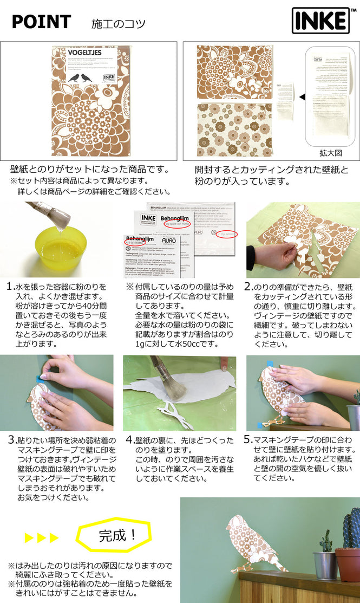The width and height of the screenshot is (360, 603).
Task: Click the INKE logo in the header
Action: (x=320, y=21)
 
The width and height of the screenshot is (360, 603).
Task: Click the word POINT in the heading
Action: (x=41, y=22)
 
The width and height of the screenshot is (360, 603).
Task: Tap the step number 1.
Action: (x=10, y=286)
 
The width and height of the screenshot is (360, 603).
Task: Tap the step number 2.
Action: (x=248, y=286)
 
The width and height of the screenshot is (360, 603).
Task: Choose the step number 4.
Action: (x=129, y=439)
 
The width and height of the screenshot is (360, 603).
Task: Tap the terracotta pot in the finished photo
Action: (x=348, y=564)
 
